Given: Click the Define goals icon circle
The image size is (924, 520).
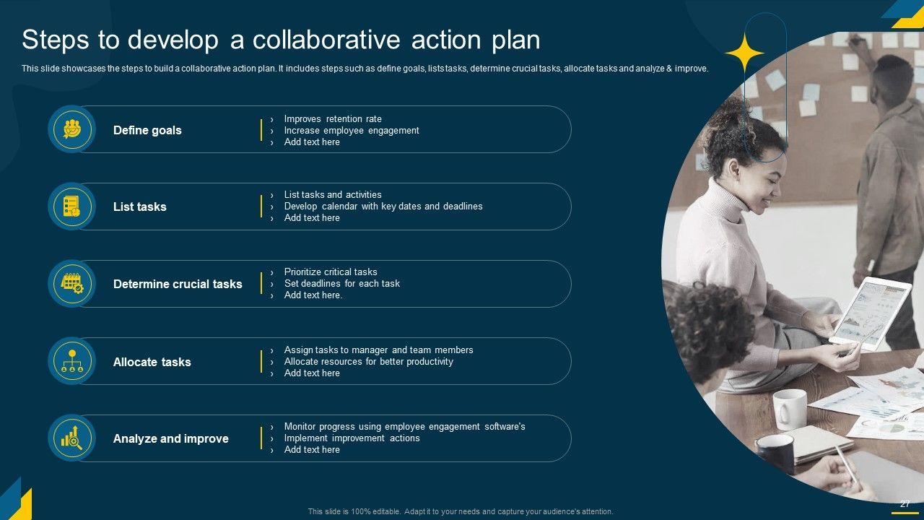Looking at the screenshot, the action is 71,129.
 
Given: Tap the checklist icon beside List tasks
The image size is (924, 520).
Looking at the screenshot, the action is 71,207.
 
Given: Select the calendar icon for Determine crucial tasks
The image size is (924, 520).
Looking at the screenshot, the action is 71,284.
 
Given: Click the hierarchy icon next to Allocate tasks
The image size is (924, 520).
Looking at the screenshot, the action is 71,361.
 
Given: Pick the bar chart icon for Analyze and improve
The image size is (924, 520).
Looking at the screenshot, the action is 71,438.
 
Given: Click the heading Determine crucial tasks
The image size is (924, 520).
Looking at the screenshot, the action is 178,284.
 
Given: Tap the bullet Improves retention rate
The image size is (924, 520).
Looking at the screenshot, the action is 333,119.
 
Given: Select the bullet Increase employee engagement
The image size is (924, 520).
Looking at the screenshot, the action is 352,131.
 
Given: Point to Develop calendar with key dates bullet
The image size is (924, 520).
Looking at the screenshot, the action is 383,206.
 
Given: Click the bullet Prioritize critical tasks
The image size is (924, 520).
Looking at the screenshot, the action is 331,272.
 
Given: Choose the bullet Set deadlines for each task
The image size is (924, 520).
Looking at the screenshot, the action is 341,284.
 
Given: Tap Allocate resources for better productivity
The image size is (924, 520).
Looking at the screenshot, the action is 368,362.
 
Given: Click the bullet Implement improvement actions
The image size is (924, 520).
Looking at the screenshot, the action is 352,438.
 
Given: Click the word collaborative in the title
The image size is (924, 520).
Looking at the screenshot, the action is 326,40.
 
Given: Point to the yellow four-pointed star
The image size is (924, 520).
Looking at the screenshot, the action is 744,53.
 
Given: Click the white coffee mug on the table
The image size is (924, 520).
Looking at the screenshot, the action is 789,409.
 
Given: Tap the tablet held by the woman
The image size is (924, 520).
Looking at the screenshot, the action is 870,313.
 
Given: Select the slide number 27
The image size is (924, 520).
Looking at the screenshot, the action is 905,504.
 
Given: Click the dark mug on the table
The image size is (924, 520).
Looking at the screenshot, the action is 775,453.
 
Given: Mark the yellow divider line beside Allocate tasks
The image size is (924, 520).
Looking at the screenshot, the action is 261,362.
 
